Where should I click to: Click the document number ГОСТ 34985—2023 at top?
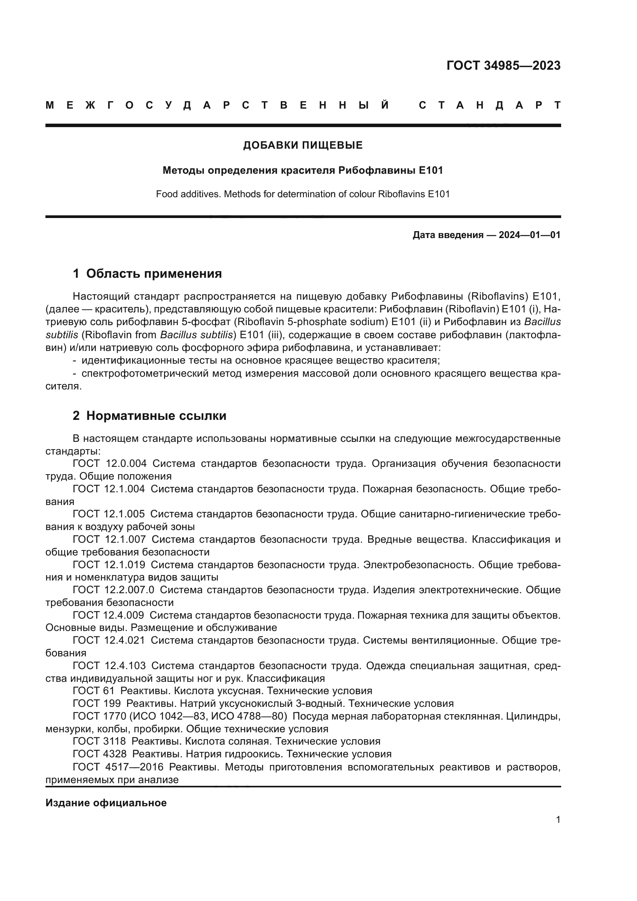click(503, 66)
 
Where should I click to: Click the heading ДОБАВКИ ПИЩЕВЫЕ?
click(303, 146)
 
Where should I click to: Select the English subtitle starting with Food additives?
click(303, 194)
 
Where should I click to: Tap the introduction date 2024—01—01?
click(530, 235)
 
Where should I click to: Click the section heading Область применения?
click(154, 273)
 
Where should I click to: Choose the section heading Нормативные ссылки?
click(156, 416)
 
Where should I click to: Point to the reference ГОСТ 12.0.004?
click(110, 463)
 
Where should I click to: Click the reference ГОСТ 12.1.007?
click(109, 539)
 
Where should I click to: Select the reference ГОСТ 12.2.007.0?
click(114, 590)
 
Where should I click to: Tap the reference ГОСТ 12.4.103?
click(109, 666)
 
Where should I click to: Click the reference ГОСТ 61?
click(93, 691)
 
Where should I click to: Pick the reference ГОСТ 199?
click(97, 703)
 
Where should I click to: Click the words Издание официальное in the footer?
click(106, 803)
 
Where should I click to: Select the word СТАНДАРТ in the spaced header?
click(490, 105)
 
